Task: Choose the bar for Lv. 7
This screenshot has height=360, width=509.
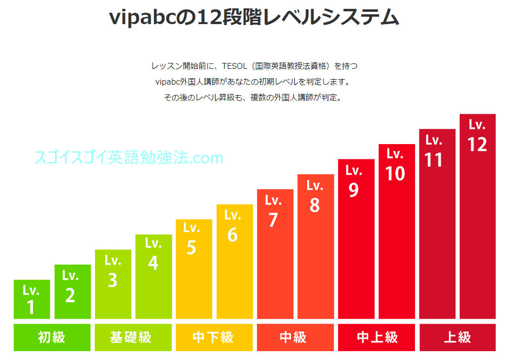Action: tap(275, 254)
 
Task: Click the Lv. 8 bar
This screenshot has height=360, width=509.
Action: tap(316, 246)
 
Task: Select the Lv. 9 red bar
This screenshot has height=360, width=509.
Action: tap(356, 239)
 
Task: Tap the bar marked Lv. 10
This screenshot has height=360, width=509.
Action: tap(397, 231)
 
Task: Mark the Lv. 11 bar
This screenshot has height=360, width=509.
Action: tap(437, 224)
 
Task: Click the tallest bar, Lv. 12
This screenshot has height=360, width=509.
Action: tap(477, 216)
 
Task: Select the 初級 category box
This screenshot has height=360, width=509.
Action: tap(52, 337)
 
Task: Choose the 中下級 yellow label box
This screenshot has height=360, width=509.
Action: tap(214, 337)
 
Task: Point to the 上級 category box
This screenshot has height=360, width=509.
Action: tap(457, 337)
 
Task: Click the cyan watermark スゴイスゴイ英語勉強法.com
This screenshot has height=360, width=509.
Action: tap(129, 158)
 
